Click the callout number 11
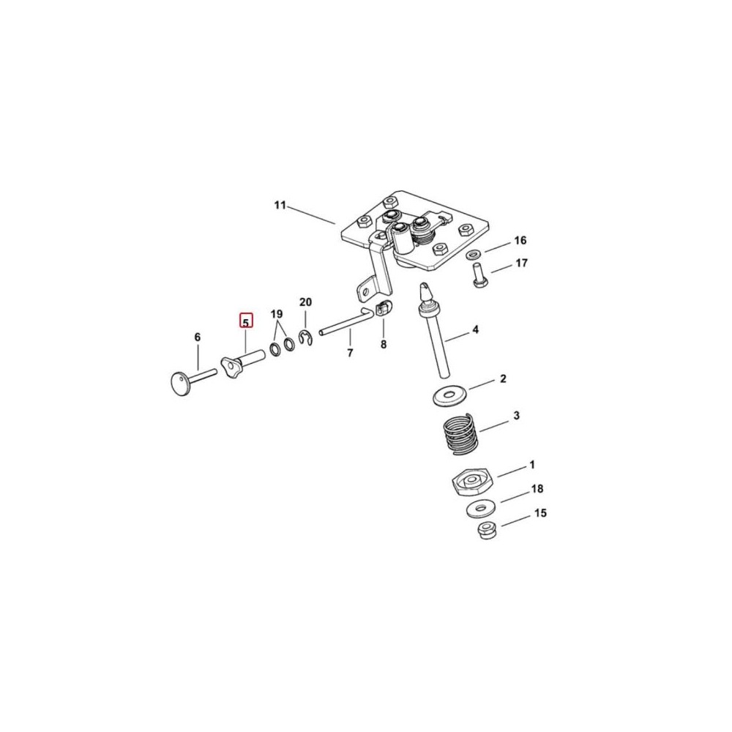pyautogui.click(x=280, y=205)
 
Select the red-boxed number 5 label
pyautogui.click(x=245, y=321)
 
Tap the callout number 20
pyautogui.click(x=305, y=302)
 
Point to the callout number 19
pyautogui.click(x=277, y=313)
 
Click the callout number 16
pyautogui.click(x=520, y=240)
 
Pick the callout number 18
pyautogui.click(x=537, y=489)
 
